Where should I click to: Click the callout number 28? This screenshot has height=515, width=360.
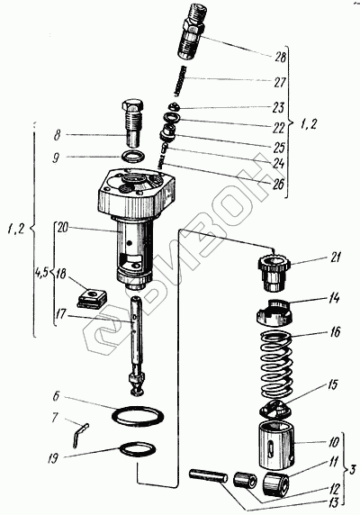280,57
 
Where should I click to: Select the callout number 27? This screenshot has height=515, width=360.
280,82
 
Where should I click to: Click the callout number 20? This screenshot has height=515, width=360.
63,228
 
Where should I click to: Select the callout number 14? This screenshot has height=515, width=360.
333,299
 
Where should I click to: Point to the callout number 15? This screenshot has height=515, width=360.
333,384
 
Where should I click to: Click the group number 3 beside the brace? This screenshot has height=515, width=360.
352,469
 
